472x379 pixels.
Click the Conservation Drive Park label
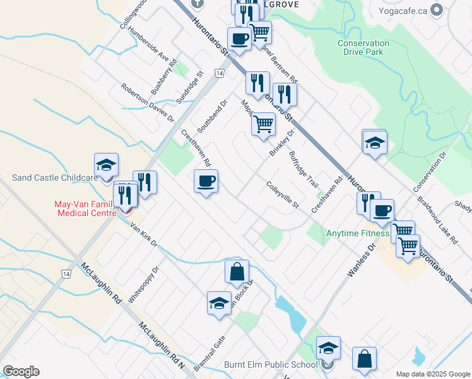pyautogui.click(x=363, y=47)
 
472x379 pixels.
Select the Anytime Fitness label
pyautogui.click(x=358, y=233)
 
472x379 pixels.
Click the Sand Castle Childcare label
pyautogui.click(x=55, y=178)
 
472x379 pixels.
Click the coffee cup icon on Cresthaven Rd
pyautogui.click(x=206, y=182)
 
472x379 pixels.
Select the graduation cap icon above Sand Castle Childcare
pyautogui.click(x=106, y=165)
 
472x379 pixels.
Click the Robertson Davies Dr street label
pyautogui.click(x=148, y=102)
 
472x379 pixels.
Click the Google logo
pyautogui.click(x=21, y=371)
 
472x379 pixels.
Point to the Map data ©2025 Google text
pyautogui.click(x=432, y=374)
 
